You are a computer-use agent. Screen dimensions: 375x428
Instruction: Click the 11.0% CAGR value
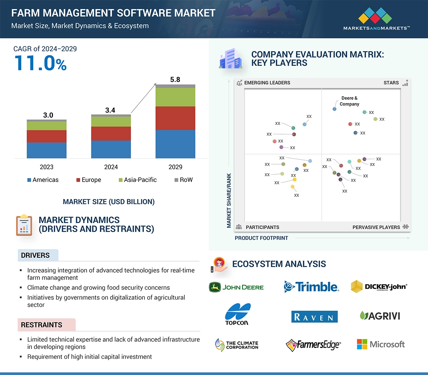(x=40, y=63)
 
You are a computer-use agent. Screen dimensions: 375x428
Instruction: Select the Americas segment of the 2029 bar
(x=175, y=144)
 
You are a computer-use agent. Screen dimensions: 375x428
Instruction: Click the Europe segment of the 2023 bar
(x=46, y=136)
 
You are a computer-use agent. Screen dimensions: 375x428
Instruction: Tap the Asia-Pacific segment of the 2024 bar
(x=111, y=121)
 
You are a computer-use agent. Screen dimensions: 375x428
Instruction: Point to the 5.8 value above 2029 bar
(x=175, y=80)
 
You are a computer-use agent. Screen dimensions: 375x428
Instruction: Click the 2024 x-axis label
(x=111, y=167)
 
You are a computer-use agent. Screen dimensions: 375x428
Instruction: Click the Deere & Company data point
(x=334, y=109)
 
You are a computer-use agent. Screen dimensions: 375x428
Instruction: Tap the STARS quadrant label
(x=391, y=83)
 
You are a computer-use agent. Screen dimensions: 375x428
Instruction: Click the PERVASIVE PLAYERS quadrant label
(x=376, y=227)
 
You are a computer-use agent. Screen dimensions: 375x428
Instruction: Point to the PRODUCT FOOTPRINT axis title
(x=261, y=238)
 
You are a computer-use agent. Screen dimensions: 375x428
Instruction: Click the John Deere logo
(x=236, y=287)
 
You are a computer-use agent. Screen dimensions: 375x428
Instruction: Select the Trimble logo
(x=312, y=287)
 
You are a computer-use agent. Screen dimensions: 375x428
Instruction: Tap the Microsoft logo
(x=381, y=344)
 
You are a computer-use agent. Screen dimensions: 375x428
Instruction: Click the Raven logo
(x=314, y=317)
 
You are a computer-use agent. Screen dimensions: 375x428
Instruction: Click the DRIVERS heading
(x=35, y=255)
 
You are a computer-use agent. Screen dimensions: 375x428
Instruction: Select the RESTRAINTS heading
(x=41, y=325)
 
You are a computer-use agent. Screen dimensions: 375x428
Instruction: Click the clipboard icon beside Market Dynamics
(x=24, y=225)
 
